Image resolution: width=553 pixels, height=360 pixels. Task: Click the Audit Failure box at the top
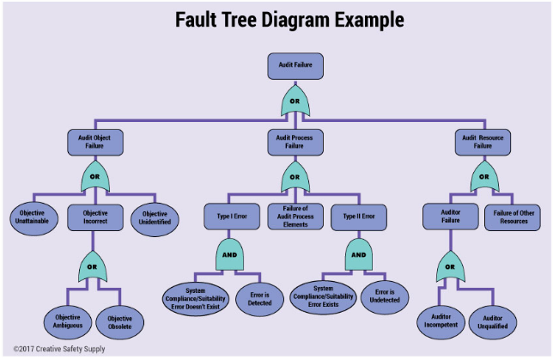point(295,66)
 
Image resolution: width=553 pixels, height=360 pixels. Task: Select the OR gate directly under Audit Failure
point(295,101)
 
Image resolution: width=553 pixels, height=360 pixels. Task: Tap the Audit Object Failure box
point(95,143)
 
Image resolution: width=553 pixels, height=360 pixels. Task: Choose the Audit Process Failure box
point(295,143)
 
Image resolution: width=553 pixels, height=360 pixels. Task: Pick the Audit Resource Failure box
point(483,143)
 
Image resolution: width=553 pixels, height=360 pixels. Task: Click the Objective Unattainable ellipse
point(33,218)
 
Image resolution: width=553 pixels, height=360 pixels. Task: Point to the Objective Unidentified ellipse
point(155,219)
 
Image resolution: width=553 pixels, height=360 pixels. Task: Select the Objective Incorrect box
point(95,217)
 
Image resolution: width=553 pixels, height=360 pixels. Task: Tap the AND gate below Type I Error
point(229,255)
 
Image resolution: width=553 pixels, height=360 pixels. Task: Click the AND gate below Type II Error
point(359,255)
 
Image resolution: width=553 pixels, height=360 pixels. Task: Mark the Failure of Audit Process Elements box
point(295,217)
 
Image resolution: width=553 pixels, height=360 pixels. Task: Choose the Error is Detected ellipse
point(259,299)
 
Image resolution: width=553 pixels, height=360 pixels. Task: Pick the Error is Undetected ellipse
point(385,297)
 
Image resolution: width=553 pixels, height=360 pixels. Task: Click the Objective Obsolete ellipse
point(120,322)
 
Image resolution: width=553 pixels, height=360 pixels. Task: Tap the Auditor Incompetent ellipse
point(441,322)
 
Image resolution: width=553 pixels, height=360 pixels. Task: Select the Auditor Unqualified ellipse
point(493,322)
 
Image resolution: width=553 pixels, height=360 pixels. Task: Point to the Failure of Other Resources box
point(513,217)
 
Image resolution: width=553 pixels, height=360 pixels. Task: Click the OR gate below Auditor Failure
point(450,266)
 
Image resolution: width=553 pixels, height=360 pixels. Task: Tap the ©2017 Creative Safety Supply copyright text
point(59,349)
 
